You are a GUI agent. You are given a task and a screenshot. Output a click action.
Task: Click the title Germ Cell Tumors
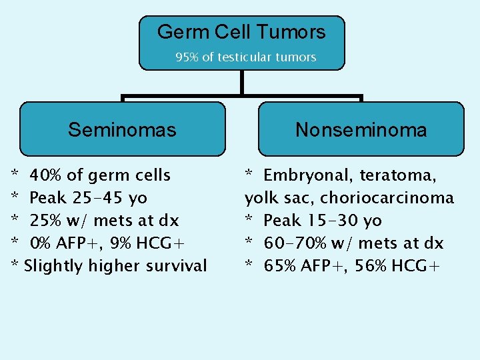(241, 32)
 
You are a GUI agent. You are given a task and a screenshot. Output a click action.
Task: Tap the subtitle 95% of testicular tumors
(245, 57)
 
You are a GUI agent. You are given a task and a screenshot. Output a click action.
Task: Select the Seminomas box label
(122, 129)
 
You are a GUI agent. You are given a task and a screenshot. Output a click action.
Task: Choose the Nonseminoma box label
(361, 129)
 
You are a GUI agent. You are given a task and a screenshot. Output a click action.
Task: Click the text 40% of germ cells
(100, 175)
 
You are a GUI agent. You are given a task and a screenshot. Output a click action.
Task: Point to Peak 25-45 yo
(89, 198)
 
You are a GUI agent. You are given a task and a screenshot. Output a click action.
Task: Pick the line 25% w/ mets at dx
(104, 221)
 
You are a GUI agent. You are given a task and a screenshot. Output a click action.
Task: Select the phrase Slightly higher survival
(115, 266)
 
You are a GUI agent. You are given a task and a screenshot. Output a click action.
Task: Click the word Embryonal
(307, 175)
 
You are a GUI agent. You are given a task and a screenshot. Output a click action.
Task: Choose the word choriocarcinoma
(387, 198)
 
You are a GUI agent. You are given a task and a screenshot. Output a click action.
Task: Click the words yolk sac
(279, 198)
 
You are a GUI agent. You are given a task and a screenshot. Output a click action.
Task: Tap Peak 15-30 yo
(323, 221)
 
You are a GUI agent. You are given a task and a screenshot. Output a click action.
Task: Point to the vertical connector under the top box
(241, 82)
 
